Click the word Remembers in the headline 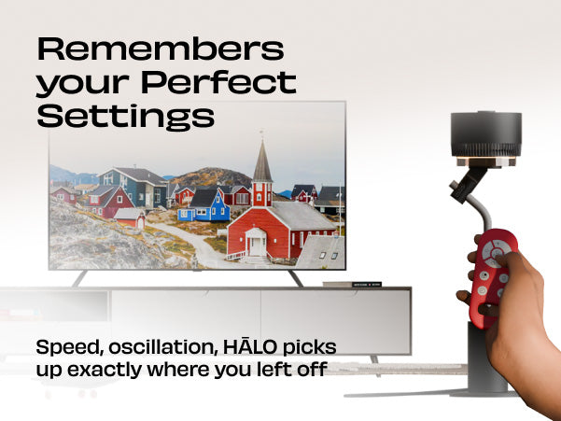(x=161, y=49)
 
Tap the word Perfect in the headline (x=218, y=83)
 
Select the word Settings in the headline (x=126, y=116)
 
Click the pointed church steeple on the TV (x=262, y=160)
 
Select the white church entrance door (x=258, y=246)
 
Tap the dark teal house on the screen (x=134, y=187)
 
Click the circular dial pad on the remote (x=496, y=253)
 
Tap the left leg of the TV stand (x=79, y=278)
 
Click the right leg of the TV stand (x=296, y=278)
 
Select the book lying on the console (x=352, y=285)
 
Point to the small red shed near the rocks (x=130, y=218)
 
